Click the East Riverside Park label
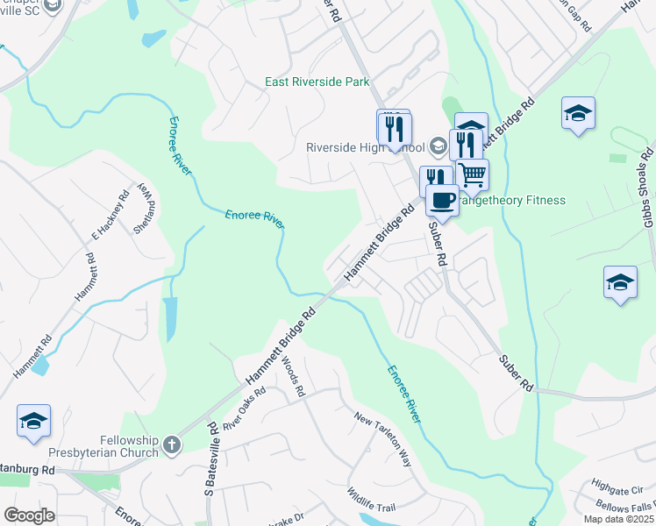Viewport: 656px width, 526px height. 317,82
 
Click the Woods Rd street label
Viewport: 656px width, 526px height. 293,375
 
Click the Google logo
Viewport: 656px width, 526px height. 29,515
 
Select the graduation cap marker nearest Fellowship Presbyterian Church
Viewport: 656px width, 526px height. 33,422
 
